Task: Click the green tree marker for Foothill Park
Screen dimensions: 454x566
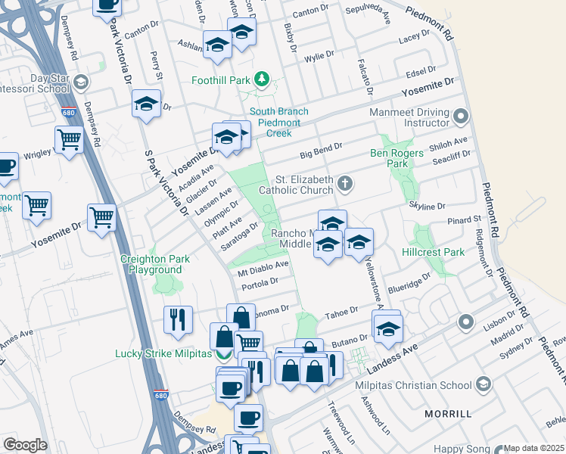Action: (262, 79)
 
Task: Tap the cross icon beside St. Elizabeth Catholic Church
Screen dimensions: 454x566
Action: (345, 182)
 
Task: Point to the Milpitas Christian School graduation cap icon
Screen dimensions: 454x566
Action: (482, 385)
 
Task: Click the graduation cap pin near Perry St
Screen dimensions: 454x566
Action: (146, 105)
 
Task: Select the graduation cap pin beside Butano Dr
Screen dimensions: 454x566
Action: (388, 328)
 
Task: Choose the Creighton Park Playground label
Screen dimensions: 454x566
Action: (155, 264)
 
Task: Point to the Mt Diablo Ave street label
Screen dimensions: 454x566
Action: (264, 266)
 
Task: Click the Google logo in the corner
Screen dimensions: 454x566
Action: (25, 445)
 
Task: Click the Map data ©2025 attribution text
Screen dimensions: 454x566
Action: (534, 448)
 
